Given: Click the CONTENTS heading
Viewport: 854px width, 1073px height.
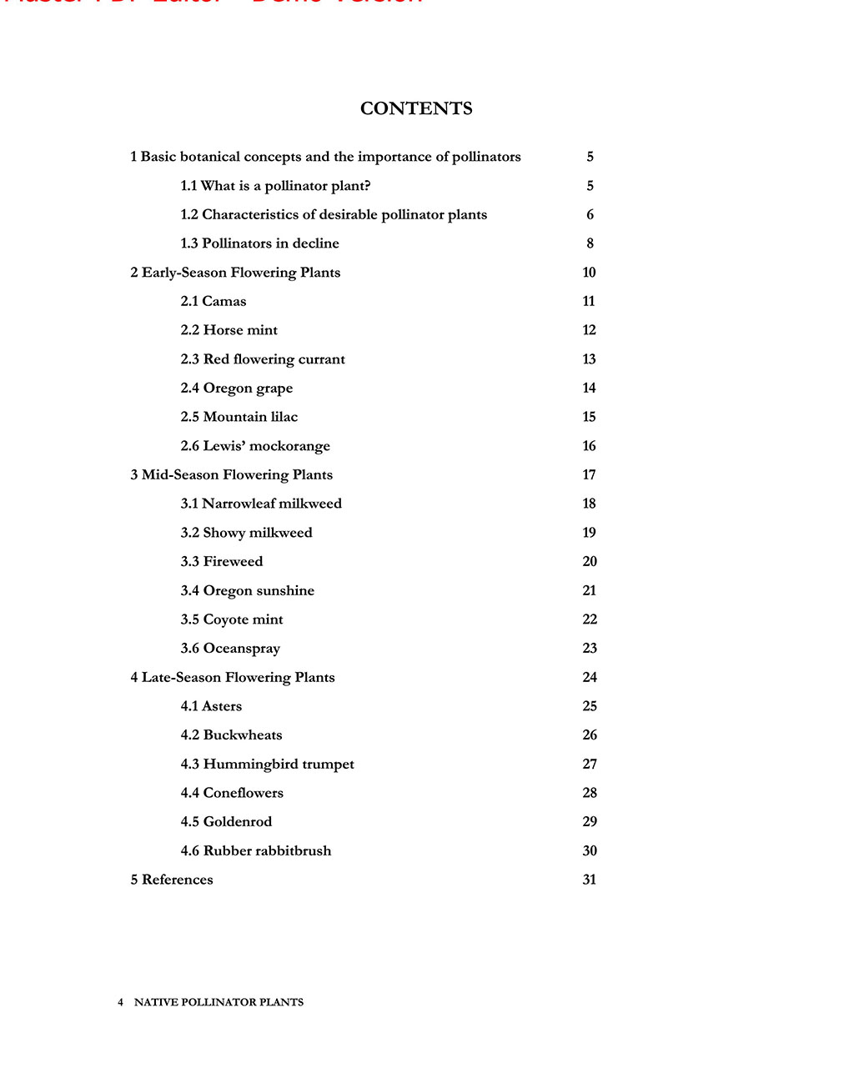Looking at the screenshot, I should click(416, 108).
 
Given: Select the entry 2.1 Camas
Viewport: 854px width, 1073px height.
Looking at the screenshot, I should click(213, 301).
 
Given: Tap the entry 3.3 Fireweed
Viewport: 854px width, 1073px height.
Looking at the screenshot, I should click(222, 561).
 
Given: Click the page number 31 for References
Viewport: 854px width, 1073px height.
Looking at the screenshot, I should click(589, 880).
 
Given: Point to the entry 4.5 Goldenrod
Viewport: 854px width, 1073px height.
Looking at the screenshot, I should click(226, 821).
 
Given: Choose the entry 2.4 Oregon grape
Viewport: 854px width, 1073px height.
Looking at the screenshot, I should click(237, 388).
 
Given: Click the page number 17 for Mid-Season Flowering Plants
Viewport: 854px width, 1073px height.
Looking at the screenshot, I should click(589, 474).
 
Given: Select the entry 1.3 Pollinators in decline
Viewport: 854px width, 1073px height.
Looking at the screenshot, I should click(259, 243).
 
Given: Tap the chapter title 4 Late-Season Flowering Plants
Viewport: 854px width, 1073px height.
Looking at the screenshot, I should click(233, 677).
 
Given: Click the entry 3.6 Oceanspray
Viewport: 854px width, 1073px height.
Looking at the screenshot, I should click(230, 648).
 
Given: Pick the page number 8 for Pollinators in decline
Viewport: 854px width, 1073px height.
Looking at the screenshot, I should click(590, 243).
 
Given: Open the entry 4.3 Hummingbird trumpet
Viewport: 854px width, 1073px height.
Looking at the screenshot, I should click(267, 764).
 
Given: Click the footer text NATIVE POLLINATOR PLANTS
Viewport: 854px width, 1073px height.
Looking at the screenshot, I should click(219, 1002).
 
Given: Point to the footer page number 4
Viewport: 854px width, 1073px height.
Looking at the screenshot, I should click(120, 1002).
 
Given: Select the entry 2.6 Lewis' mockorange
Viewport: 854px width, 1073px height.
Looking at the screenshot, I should click(255, 446).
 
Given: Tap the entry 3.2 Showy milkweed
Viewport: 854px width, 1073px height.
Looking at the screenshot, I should click(246, 533).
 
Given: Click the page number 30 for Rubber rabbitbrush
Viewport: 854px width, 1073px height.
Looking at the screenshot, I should click(590, 850).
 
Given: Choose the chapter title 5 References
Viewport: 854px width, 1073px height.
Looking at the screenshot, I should click(172, 880).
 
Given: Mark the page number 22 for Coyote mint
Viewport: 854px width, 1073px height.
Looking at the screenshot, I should click(590, 619).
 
